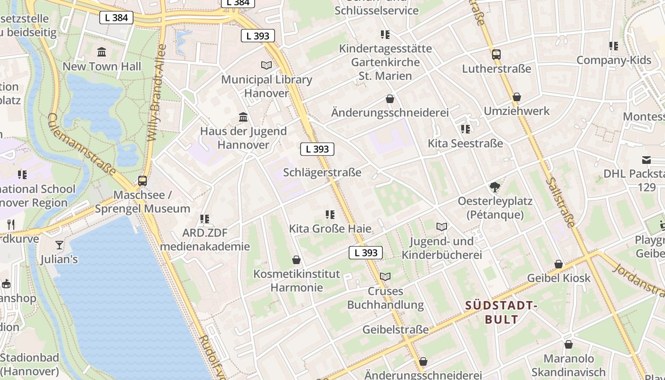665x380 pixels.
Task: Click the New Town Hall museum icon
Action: pyautogui.click(x=101, y=52)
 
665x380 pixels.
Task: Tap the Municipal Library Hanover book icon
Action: pyautogui.click(x=266, y=65)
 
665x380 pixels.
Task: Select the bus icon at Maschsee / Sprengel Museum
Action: pyautogui.click(x=142, y=180)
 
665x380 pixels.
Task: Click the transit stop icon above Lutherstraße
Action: pyautogui.click(x=496, y=54)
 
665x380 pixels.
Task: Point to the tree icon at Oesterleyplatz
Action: pyautogui.click(x=495, y=187)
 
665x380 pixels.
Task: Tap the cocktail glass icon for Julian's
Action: pyautogui.click(x=59, y=245)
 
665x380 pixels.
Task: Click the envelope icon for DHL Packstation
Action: pyautogui.click(x=646, y=160)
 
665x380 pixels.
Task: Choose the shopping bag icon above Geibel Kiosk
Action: pyautogui.click(x=559, y=264)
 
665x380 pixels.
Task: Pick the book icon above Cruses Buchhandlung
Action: pyautogui.click(x=385, y=276)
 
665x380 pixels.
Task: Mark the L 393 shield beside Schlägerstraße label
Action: pyautogui.click(x=317, y=149)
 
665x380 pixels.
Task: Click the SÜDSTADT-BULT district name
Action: pyautogui.click(x=501, y=312)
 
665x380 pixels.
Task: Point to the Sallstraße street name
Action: pyautogui.click(x=561, y=202)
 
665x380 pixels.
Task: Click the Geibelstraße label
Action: pyautogui.click(x=395, y=330)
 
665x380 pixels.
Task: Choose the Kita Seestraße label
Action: pyautogui.click(x=465, y=143)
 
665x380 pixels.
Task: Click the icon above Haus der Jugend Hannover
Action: pyautogui.click(x=243, y=117)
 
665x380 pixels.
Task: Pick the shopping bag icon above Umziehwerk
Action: pyautogui.click(x=517, y=97)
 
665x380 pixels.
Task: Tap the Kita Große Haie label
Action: pyautogui.click(x=330, y=228)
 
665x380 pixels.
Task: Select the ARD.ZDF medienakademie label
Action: pyautogui.click(x=205, y=239)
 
